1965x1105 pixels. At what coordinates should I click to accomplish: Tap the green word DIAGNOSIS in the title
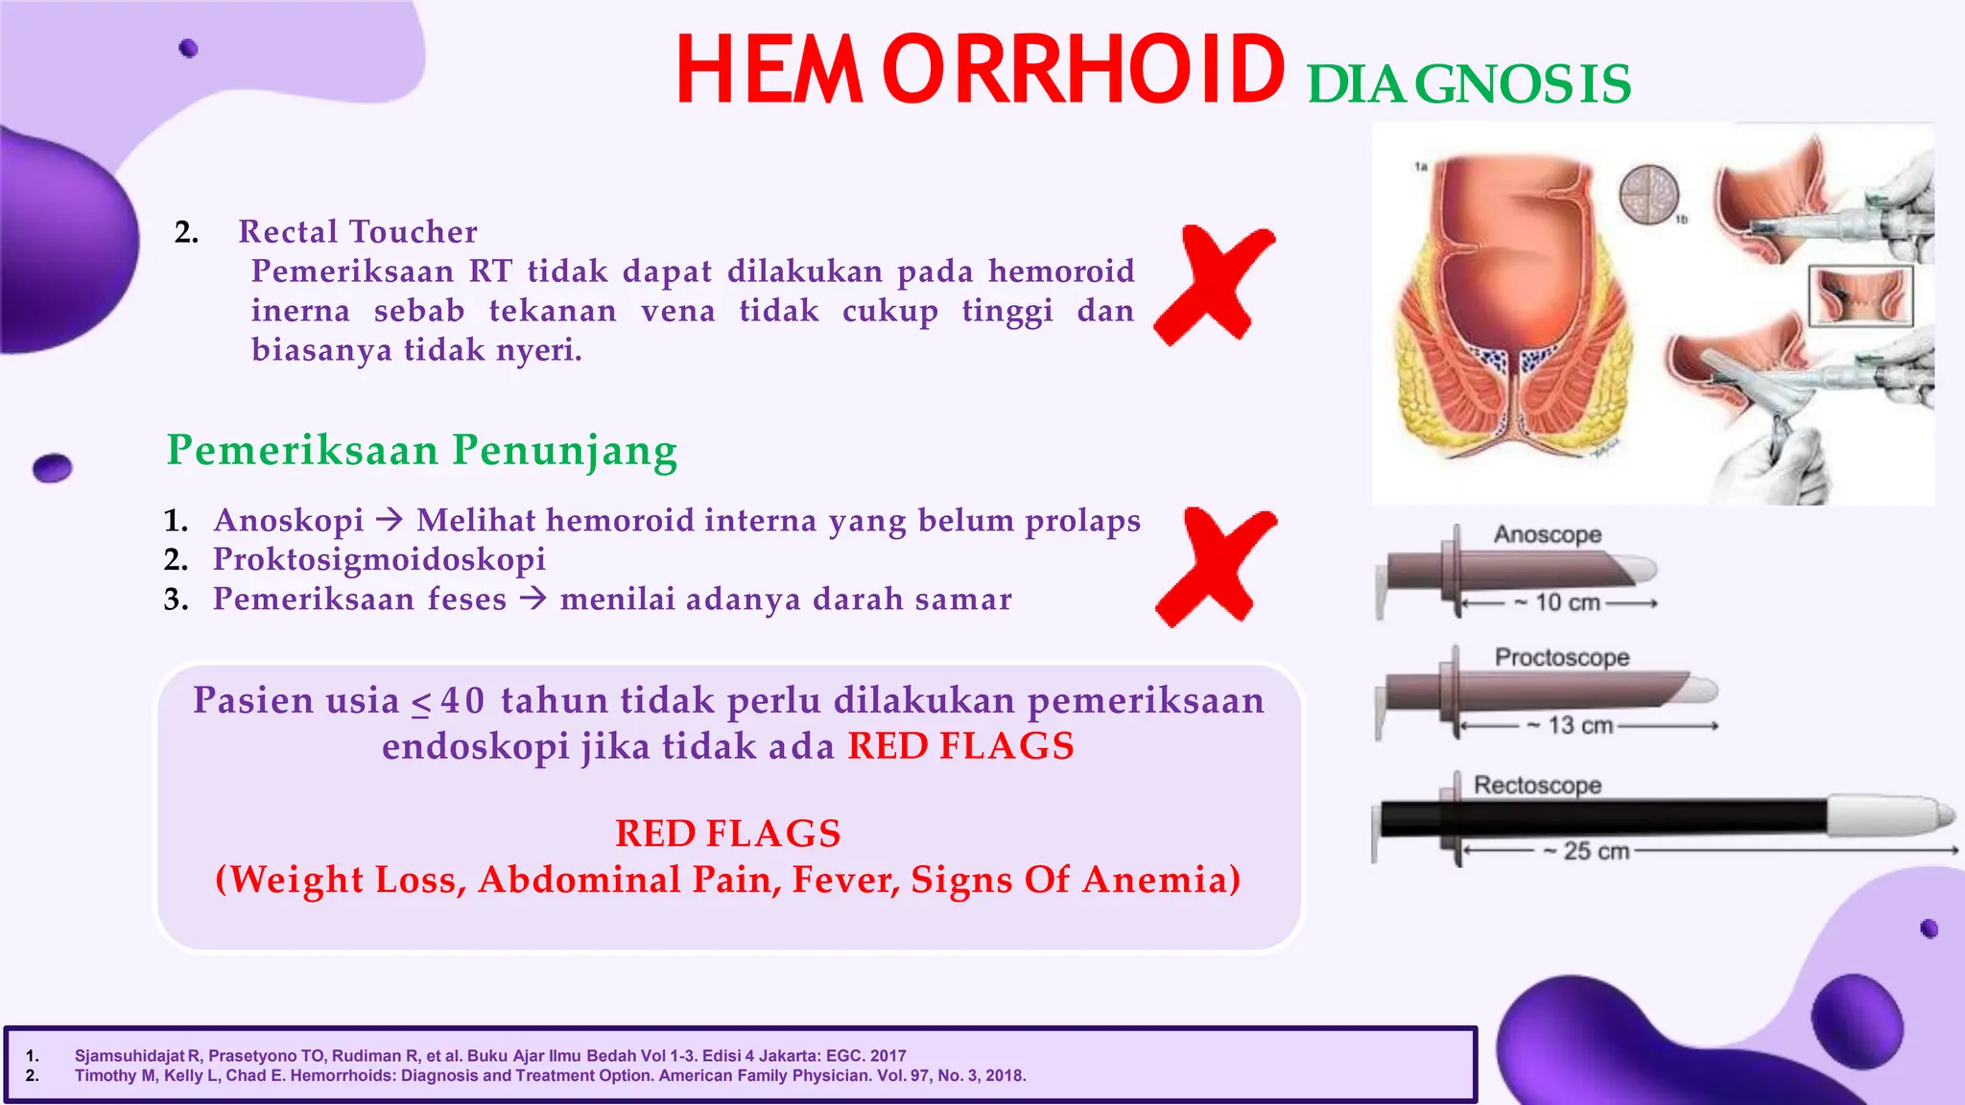(1468, 84)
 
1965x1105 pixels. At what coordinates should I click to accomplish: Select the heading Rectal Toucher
(358, 232)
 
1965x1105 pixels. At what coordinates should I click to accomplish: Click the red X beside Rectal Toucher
(1215, 285)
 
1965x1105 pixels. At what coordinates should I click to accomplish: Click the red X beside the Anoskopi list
(1217, 567)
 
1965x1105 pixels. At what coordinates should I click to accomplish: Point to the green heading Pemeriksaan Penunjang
(422, 451)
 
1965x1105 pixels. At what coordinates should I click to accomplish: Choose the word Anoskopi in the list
(289, 521)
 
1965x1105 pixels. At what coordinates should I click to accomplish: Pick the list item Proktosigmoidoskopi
(379, 560)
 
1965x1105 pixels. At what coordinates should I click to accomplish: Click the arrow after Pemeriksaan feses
(533, 599)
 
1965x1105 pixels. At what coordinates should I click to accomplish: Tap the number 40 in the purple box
(462, 701)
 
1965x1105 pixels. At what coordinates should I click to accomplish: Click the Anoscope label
(1547, 534)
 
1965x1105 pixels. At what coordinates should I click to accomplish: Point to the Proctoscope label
(1562, 657)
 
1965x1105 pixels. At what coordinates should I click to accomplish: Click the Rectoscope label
(1537, 785)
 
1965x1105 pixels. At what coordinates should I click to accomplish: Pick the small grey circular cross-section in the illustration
(1648, 194)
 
